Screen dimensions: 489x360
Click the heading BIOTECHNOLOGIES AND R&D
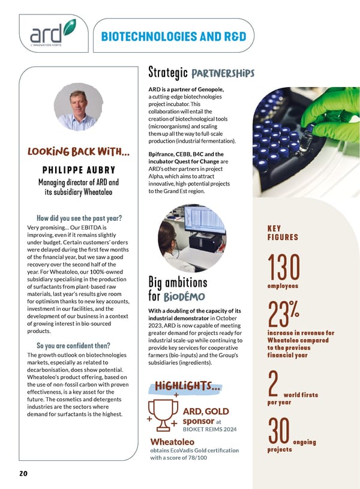click(x=173, y=37)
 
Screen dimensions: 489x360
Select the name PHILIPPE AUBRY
click(x=79, y=170)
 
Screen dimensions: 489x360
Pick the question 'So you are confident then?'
click(x=73, y=345)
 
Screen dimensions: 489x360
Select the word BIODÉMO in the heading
click(x=185, y=296)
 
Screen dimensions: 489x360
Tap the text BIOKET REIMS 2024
click(x=210, y=430)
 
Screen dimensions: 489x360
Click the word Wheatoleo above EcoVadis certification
click(x=171, y=442)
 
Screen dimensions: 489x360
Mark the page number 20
click(x=23, y=473)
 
